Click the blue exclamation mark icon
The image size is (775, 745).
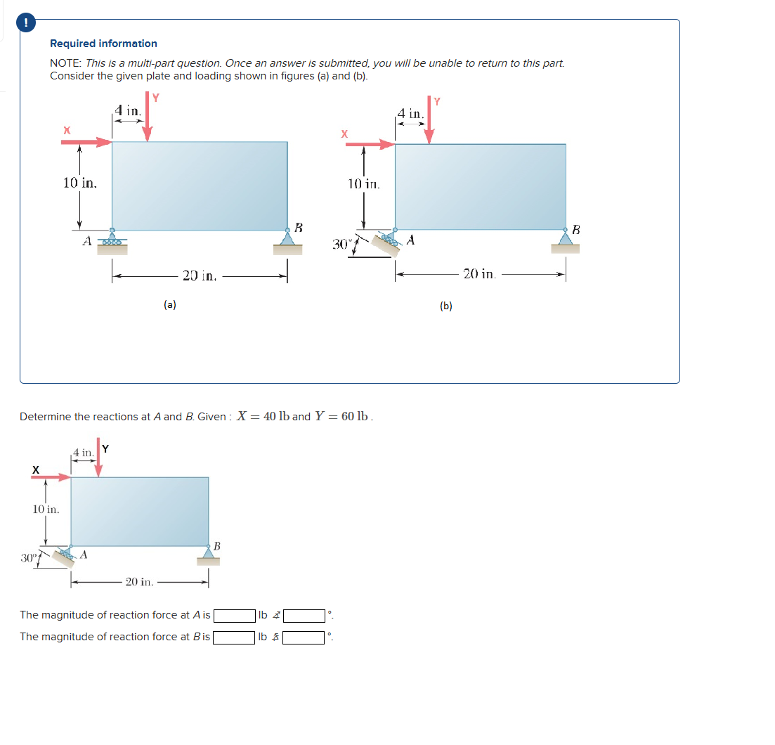26,22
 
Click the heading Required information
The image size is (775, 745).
103,44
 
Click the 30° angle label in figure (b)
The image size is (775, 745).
341,244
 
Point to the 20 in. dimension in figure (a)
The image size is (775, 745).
199,276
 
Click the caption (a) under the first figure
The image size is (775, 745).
169,304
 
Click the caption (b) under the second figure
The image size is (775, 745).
446,306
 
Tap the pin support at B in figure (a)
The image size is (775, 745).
287,240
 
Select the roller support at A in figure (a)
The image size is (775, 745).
112,238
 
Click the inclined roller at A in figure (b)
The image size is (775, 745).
388,240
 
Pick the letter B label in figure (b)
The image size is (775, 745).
576,229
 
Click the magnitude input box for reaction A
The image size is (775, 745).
234,616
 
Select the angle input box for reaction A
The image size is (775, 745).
304,616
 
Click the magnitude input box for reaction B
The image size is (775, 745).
234,637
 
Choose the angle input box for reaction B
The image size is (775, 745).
304,637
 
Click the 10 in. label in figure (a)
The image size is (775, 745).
79,183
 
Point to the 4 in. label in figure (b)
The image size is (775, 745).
410,114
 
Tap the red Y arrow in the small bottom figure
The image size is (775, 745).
98,460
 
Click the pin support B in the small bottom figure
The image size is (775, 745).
208,555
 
